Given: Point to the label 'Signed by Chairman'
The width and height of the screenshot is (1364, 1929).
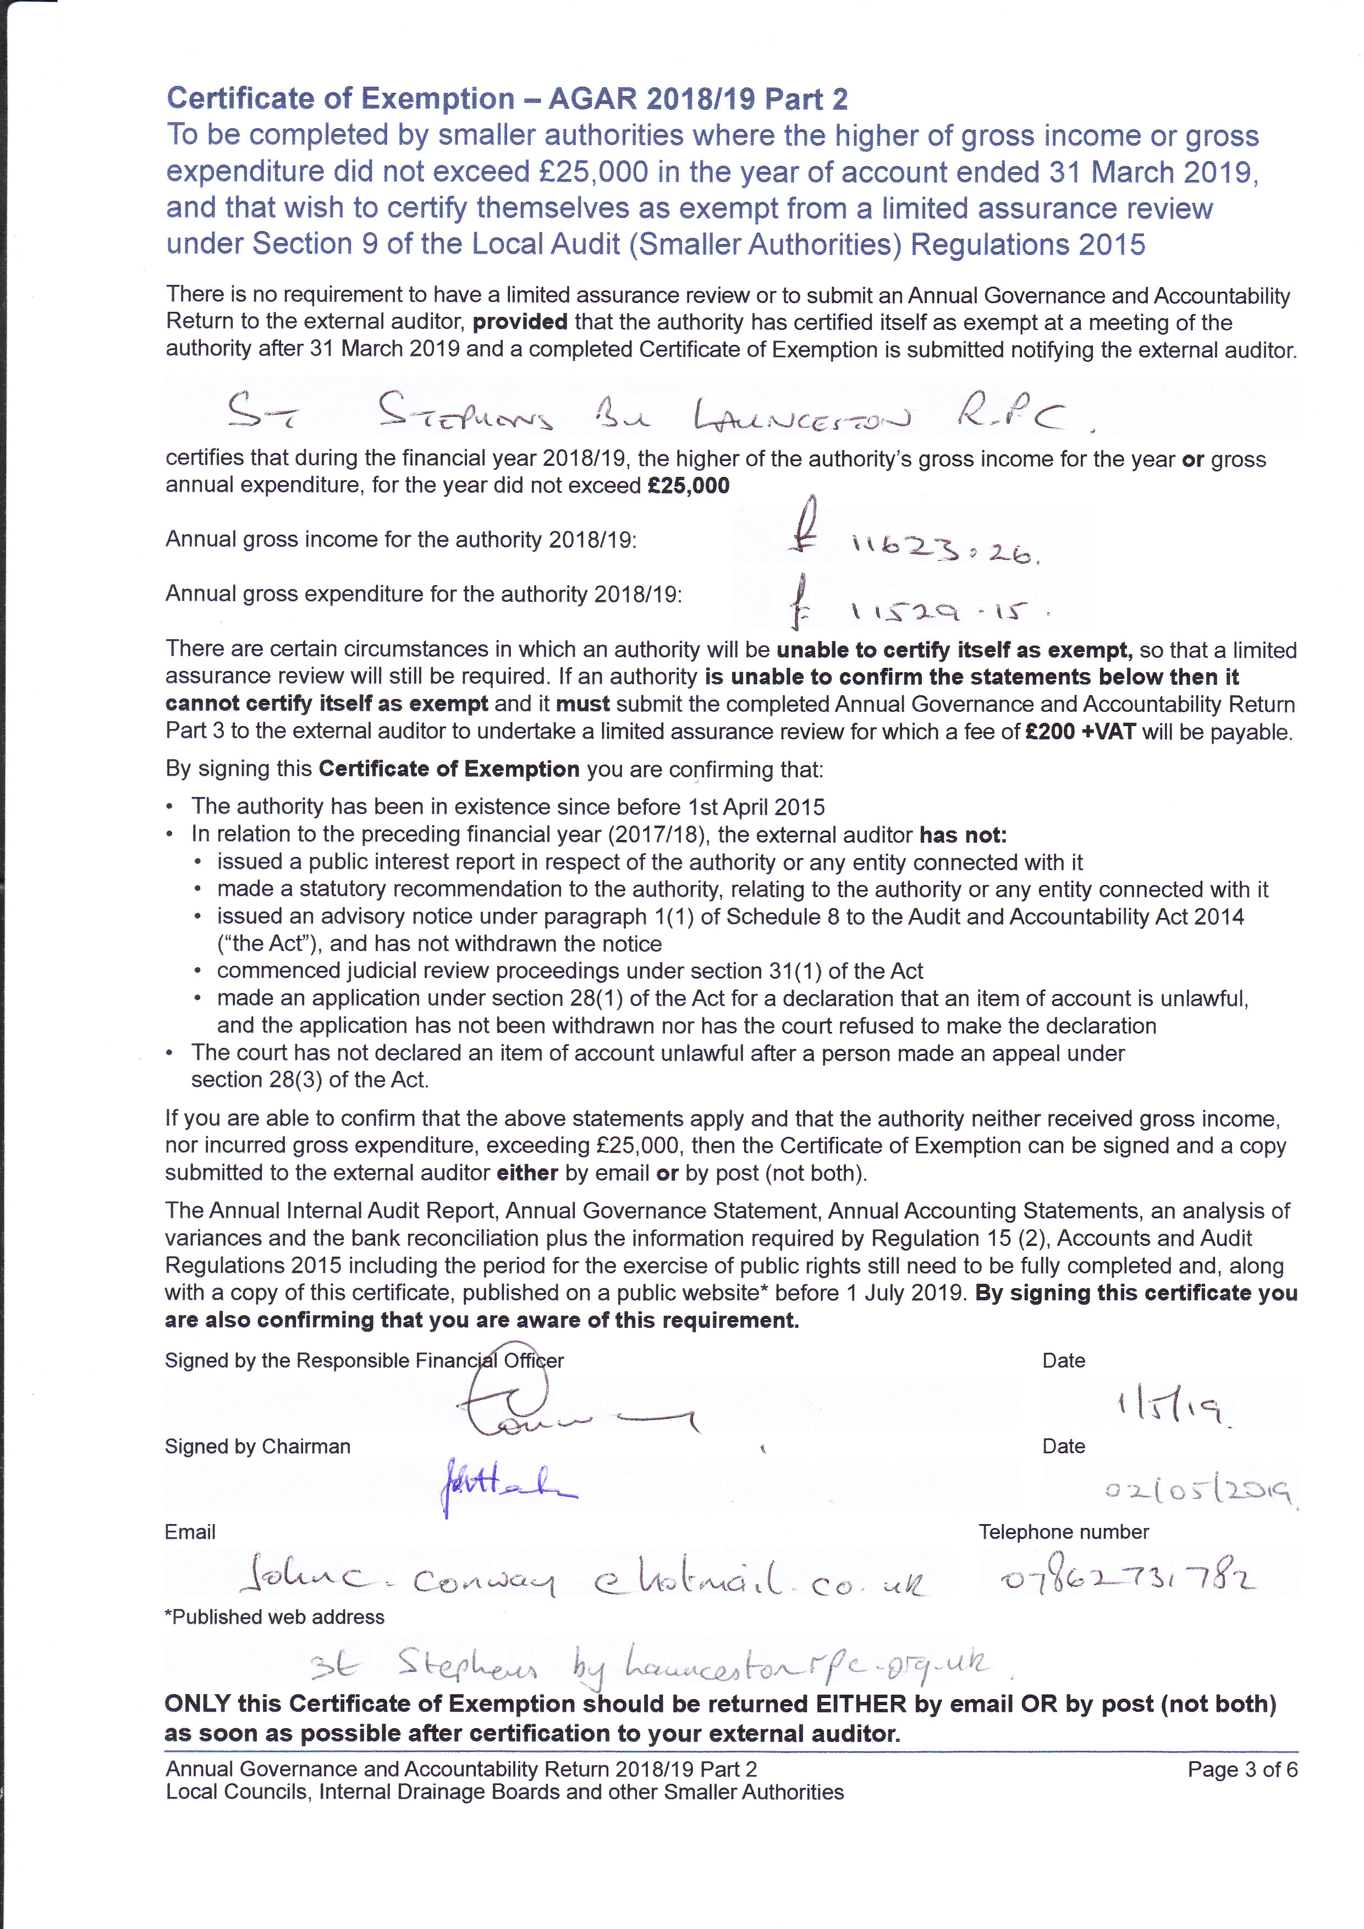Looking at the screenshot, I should pos(257,1446).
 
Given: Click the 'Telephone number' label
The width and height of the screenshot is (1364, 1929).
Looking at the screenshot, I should pos(1063,1532).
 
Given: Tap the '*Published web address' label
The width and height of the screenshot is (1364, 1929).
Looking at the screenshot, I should pos(274,1617).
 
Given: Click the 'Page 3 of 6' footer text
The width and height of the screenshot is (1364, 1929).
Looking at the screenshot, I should pos(1242,1769).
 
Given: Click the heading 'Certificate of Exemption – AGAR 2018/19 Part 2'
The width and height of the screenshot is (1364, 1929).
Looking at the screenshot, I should pos(507,99).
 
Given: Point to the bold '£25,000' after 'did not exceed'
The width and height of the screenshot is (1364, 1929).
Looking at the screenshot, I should pos(688,486).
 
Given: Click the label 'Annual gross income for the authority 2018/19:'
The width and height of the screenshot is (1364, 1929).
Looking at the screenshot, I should pos(400,540).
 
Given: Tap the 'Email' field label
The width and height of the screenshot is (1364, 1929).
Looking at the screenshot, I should pos(190,1532).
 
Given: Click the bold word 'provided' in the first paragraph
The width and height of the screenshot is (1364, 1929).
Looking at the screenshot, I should pos(520,322).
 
